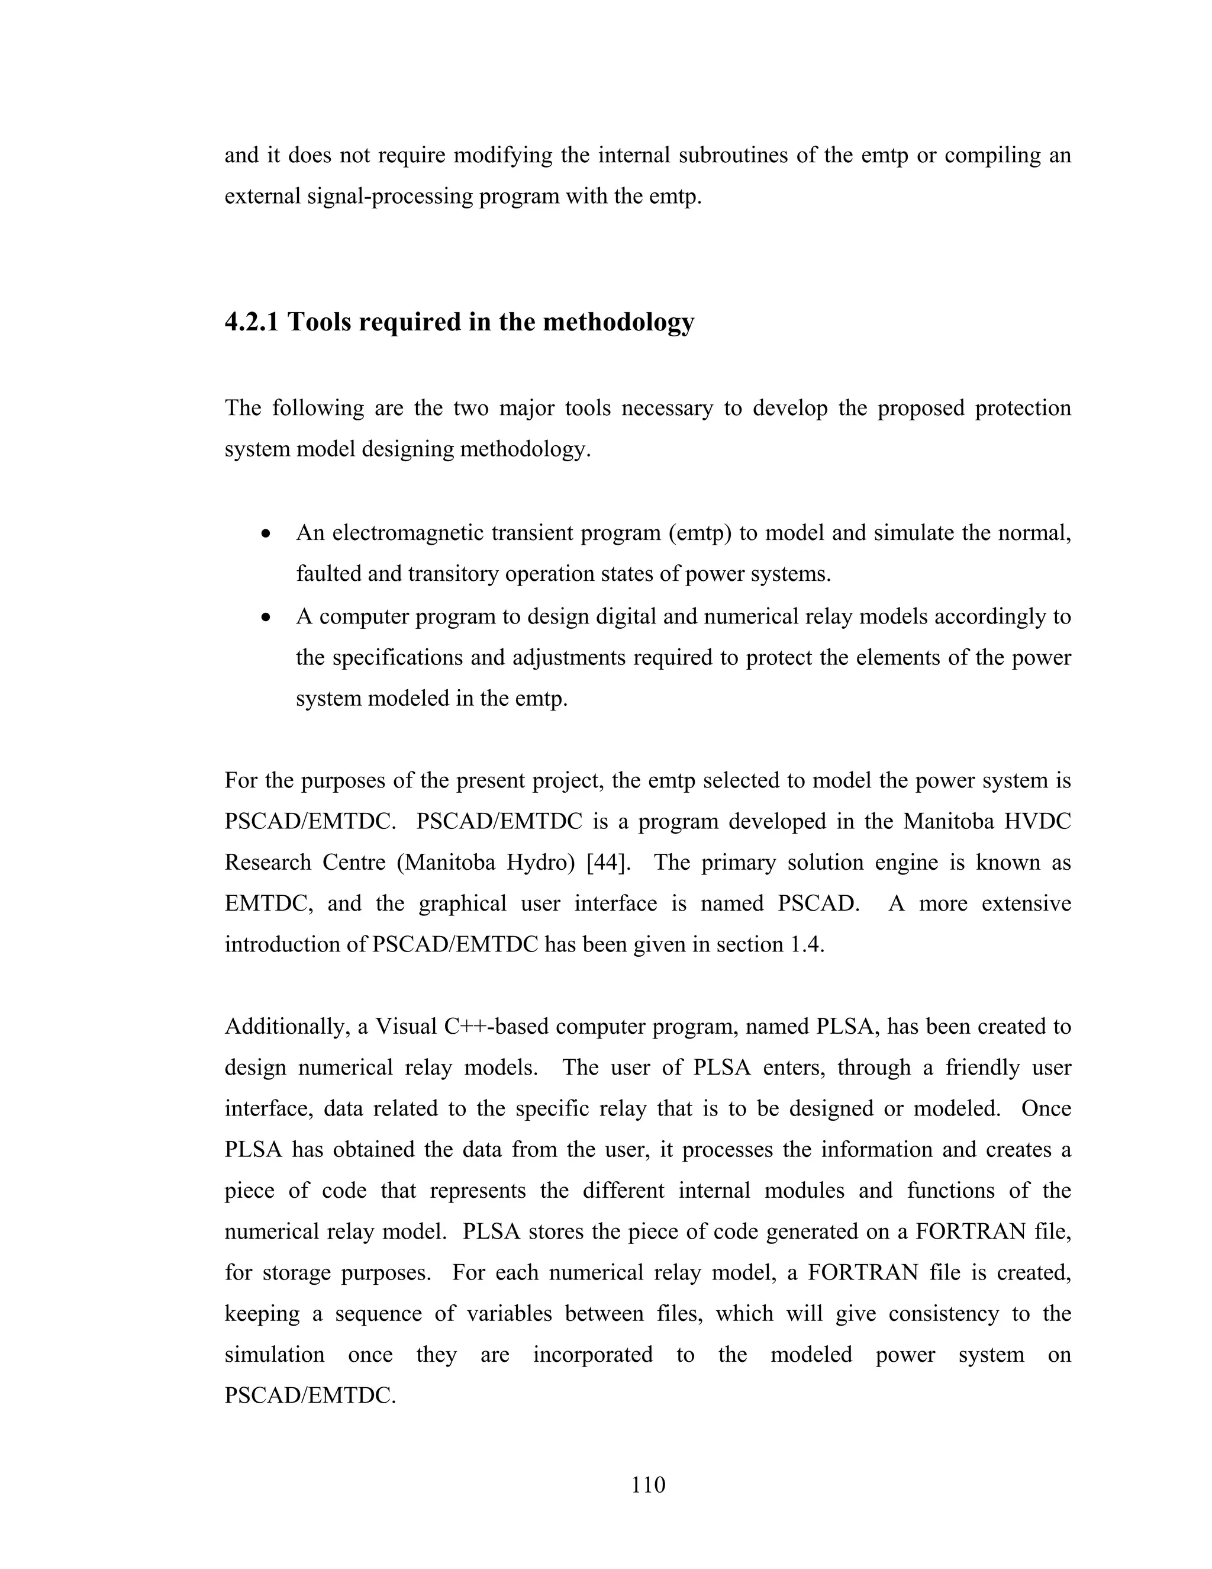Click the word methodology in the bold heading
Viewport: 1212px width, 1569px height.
618,323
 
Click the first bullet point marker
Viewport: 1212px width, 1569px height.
266,535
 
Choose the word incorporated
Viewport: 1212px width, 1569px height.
592,1355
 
